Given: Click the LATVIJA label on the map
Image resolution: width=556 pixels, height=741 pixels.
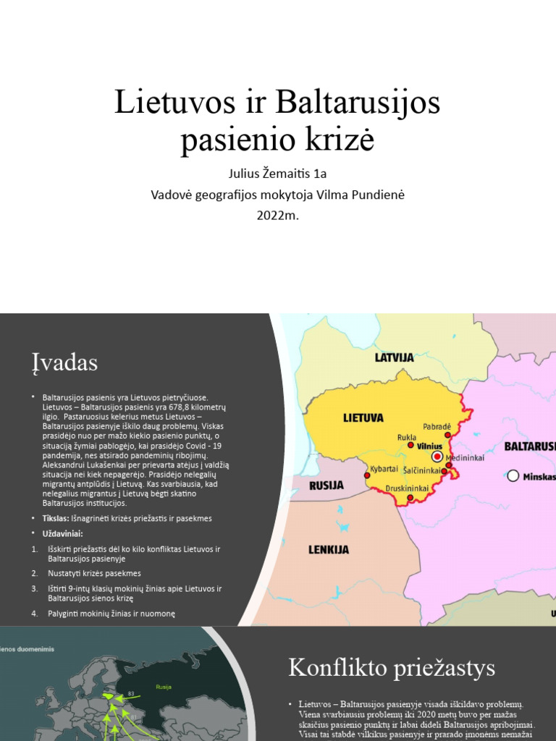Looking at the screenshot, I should tap(394, 357).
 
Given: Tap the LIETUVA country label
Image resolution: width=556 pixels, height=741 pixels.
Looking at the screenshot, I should tap(363, 418).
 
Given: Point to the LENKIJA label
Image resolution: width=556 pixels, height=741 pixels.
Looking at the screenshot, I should tap(329, 550).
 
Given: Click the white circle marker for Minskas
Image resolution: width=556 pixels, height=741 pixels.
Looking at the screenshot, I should tap(513, 475).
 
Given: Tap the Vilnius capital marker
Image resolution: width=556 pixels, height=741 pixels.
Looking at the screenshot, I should tap(437, 457).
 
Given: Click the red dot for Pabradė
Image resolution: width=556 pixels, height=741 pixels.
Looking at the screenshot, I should tap(448, 436).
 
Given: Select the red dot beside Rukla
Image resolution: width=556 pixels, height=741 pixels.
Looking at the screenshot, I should tap(411, 446).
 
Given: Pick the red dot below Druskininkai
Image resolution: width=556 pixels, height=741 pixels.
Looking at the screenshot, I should tap(410, 498).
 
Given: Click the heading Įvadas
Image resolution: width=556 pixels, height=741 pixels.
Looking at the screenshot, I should tap(64, 362).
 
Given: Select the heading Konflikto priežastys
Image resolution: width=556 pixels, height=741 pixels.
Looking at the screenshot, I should tap(392, 667).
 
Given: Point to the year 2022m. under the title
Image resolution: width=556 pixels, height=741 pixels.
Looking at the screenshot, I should tap(277, 215).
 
